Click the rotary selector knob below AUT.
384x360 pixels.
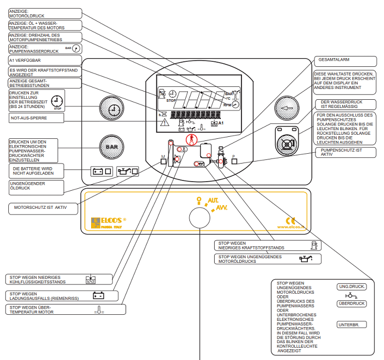point(200,218)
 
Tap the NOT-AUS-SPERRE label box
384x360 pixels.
point(36,118)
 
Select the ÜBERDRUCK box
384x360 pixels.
point(352,303)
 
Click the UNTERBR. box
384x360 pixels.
point(352,325)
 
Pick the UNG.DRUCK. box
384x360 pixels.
point(352,286)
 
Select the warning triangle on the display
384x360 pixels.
point(165,123)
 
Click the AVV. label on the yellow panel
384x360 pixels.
point(221,208)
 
